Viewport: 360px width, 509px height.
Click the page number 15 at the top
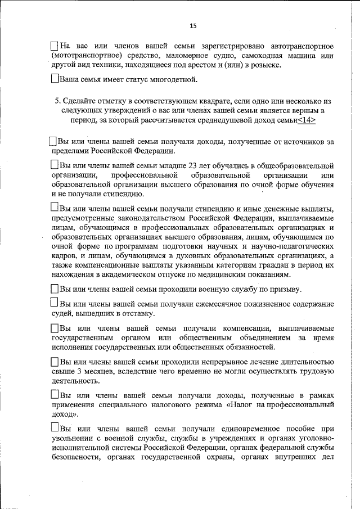pos(192,26)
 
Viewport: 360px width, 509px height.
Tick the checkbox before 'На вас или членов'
pos(55,45)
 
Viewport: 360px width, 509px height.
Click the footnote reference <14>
pos(307,120)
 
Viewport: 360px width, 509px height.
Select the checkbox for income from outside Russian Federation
pos(53,142)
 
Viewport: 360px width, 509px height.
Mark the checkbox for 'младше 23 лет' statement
pos(55,165)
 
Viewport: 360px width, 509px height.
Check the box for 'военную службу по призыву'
pos(55,289)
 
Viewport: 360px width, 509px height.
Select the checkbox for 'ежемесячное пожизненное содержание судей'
pos(55,304)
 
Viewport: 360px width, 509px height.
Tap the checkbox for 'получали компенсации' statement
pos(55,328)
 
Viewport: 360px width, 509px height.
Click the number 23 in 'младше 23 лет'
pos(174,166)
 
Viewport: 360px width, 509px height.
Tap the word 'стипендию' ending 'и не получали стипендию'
pos(124,194)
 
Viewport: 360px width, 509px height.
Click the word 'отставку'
pos(136,313)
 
